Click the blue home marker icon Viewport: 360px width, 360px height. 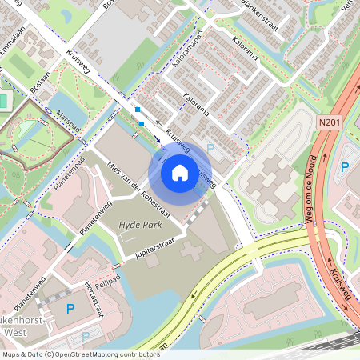[x=180, y=172]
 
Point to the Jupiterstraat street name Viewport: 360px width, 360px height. [x=155, y=245]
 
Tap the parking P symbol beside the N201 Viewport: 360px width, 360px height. [x=345, y=167]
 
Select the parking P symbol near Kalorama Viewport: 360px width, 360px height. [x=210, y=147]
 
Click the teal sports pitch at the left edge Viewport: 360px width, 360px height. [x=4, y=102]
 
